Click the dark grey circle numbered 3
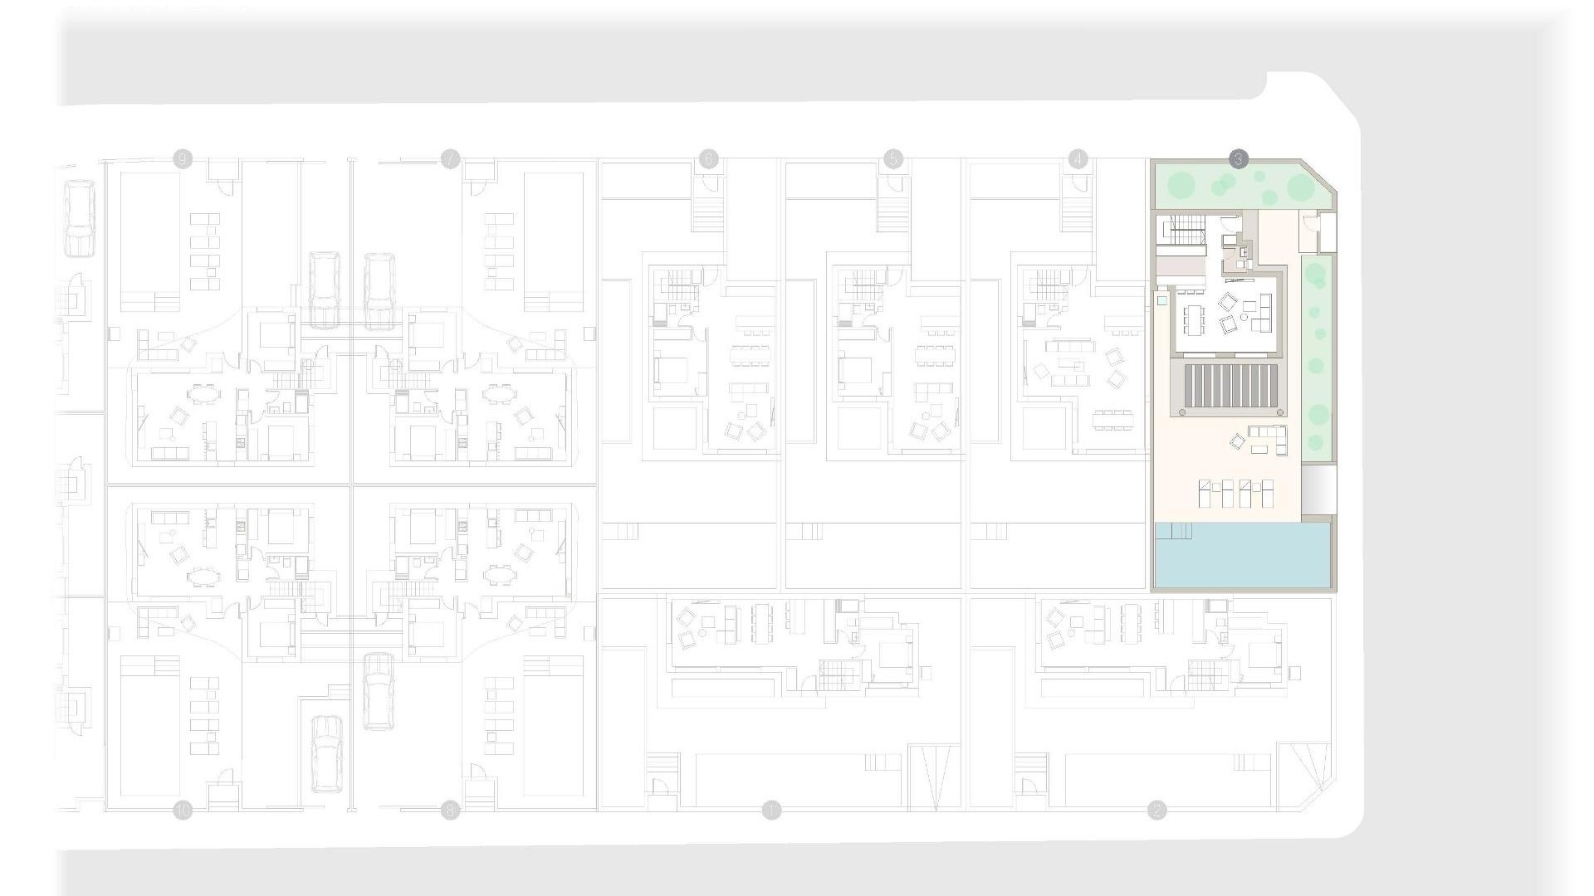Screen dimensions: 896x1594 (x=1238, y=159)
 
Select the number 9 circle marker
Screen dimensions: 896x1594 (x=183, y=159)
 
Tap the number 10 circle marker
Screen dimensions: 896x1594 (x=183, y=811)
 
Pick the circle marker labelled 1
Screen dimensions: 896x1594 (x=772, y=811)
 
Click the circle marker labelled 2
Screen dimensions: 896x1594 (x=1156, y=811)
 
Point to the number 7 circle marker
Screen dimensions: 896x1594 (x=450, y=159)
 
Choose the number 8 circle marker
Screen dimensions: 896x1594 (x=450, y=811)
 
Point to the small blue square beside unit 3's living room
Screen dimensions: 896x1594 (x=1162, y=300)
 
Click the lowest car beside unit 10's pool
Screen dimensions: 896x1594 (x=327, y=753)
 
